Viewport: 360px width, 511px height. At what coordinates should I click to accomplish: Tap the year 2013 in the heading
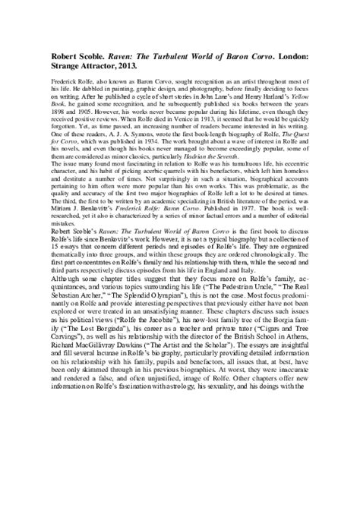[128, 67]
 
